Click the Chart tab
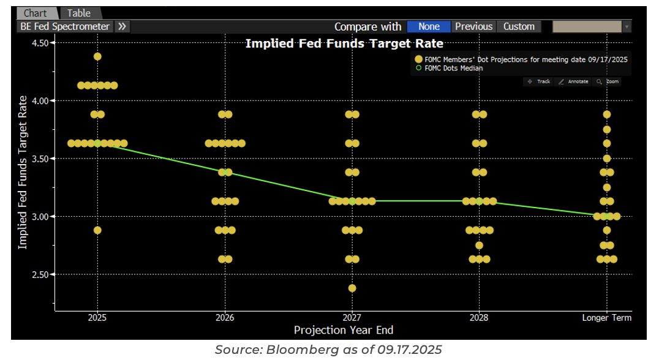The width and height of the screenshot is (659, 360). (36, 13)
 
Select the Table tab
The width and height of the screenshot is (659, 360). (79, 13)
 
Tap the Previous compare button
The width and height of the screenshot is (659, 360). (473, 27)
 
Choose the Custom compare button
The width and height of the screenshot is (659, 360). (519, 27)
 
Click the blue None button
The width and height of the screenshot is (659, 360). (429, 27)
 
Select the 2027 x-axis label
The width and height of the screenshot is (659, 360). (352, 318)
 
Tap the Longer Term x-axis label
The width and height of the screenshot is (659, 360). (606, 318)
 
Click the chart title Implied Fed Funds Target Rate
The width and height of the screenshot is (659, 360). (344, 43)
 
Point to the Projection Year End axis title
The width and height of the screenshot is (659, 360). (344, 331)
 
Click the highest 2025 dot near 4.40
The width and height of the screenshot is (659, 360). (97, 56)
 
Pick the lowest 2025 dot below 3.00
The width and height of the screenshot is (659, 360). (97, 230)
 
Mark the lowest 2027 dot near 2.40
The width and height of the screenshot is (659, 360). (352, 288)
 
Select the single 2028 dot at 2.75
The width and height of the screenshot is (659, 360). (479, 245)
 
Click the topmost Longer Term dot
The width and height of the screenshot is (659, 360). (607, 114)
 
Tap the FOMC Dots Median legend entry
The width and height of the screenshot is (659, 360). (453, 69)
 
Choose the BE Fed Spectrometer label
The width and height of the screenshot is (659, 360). (65, 27)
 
